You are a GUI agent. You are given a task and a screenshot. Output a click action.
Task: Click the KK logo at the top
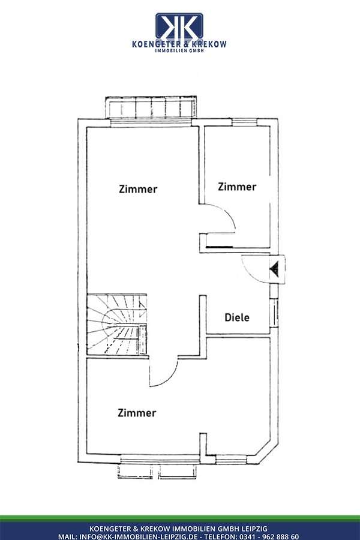pyautogui.click(x=179, y=26)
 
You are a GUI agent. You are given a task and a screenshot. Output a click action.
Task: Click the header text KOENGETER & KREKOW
pyautogui.click(x=179, y=44)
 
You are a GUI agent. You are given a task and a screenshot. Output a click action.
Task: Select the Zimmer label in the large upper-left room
pyautogui.click(x=138, y=189)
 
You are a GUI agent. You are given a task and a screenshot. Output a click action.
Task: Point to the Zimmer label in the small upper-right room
pyautogui.click(x=237, y=187)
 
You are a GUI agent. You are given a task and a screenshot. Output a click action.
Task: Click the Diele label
pyautogui.click(x=237, y=317)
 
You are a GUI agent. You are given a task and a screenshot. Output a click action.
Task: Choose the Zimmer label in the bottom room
pyautogui.click(x=137, y=413)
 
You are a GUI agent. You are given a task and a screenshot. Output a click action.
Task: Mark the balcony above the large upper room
pyautogui.click(x=150, y=109)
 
